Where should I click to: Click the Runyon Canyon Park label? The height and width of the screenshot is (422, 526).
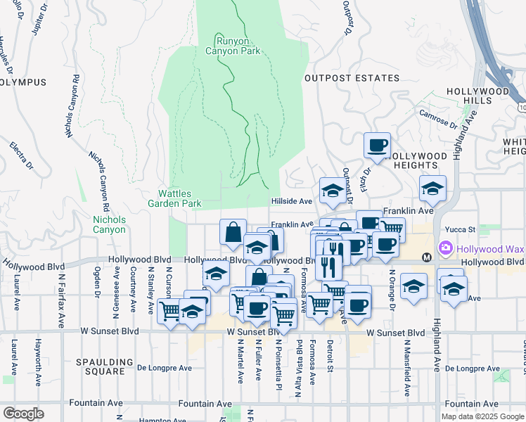[233, 45]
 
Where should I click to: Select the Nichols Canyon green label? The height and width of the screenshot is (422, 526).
[109, 224]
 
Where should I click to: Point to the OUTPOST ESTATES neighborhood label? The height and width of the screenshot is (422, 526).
[352, 78]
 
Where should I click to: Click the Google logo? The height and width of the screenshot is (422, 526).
[23, 414]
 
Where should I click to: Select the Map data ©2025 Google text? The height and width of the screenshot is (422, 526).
[482, 416]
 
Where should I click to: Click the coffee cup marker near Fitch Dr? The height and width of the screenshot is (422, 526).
[377, 146]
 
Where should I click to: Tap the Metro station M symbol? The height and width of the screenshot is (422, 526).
[427, 257]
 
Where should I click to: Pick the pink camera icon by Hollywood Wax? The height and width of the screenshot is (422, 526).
[444, 248]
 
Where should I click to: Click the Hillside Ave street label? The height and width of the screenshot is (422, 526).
[292, 201]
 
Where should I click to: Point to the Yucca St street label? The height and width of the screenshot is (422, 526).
[462, 229]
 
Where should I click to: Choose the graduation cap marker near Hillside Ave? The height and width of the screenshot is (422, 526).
[332, 190]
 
